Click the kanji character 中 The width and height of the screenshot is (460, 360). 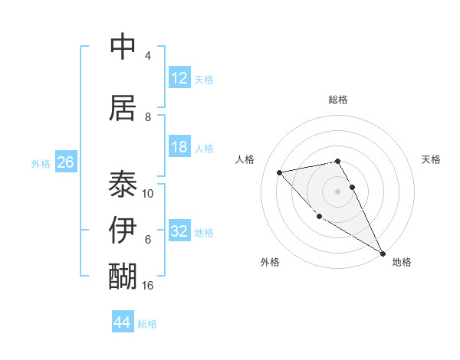pos(123,46)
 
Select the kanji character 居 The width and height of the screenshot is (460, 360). pos(123,106)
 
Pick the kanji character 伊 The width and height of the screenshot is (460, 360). pos(123,229)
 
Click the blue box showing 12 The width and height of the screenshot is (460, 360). pos(179,78)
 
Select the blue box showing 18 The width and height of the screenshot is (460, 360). pos(179,147)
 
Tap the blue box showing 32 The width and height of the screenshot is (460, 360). pos(179,231)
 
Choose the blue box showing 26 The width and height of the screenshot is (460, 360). pos(65,162)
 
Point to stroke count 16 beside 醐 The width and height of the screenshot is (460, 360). pos(149,285)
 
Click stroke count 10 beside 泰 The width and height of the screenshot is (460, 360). pos(148,193)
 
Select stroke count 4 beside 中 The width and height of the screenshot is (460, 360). pos(148,56)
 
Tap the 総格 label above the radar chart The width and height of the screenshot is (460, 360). pos(338,100)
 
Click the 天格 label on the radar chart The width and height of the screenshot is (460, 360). pos(431,159)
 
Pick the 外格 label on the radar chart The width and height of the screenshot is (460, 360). pos(270,262)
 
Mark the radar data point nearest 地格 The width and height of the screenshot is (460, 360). pos(383,254)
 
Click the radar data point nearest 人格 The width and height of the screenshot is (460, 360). pos(280,172)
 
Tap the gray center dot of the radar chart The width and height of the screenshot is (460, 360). pos(338,191)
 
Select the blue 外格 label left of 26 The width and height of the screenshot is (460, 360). pos(41,163)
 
